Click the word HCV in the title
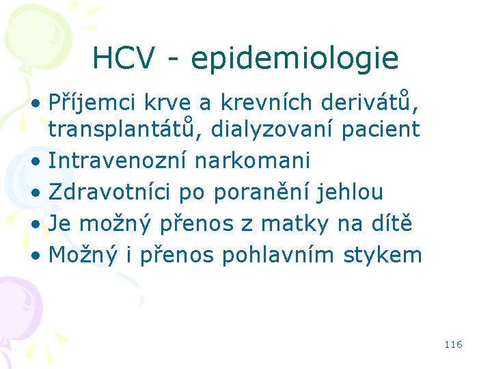coord(123,59)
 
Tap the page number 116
coord(453,344)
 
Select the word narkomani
coord(253,161)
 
